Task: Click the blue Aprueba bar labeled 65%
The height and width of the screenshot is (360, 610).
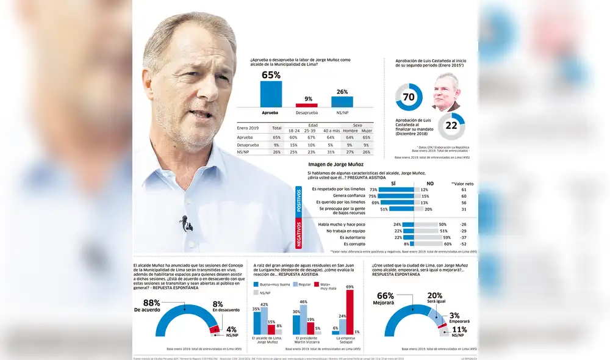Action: tap(271, 94)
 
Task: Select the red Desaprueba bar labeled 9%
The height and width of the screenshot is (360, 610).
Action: tap(306, 106)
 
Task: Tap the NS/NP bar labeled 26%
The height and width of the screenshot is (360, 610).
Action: tap(342, 101)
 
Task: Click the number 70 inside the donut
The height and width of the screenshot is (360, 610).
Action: tap(409, 97)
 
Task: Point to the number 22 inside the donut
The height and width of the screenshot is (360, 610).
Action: tap(451, 126)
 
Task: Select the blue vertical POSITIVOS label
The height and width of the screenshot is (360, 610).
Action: tap(299, 200)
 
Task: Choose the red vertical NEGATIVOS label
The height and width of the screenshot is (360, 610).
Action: tap(299, 234)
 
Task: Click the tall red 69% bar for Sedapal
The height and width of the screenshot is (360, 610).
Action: tap(350, 312)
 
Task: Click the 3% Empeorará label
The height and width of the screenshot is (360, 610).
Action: tap(454, 318)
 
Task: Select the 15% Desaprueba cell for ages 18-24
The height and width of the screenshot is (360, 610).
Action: tap(293, 145)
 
